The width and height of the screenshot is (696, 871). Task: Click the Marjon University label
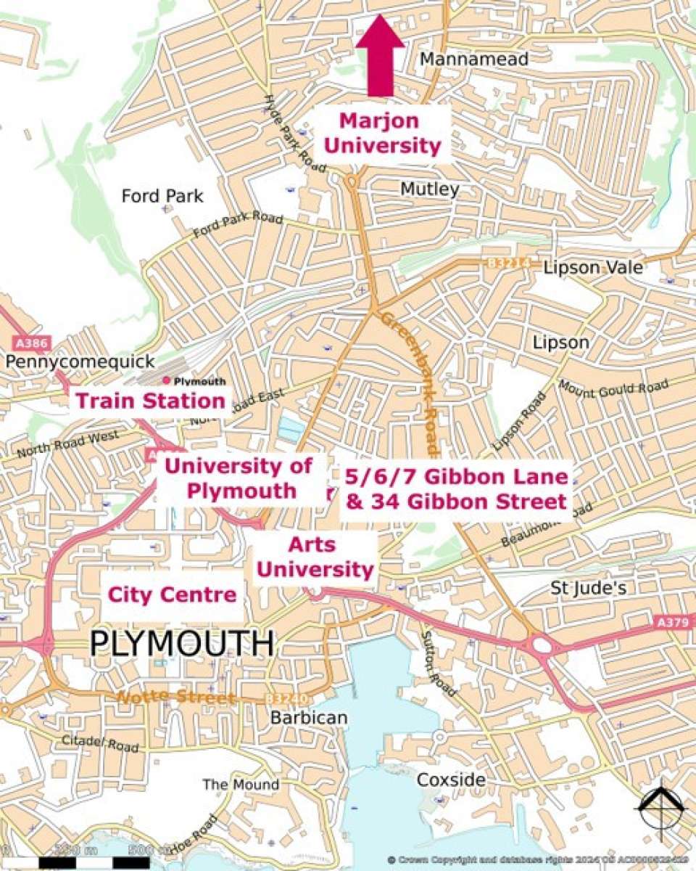[x=382, y=133]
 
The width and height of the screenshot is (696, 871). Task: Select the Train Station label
[x=150, y=401]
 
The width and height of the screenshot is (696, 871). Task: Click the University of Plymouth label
[x=240, y=478]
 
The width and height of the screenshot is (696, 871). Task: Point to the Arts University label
[x=315, y=557]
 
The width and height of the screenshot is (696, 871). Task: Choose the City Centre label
[x=172, y=595]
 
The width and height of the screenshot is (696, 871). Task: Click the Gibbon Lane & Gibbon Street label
[x=455, y=489]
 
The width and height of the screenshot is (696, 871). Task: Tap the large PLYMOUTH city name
[x=182, y=643]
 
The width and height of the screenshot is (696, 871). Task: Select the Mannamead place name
[x=474, y=59]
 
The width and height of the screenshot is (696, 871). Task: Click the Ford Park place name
[x=162, y=196]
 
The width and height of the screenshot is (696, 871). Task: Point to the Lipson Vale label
[x=592, y=268]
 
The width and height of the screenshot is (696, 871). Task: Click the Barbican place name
[x=309, y=717]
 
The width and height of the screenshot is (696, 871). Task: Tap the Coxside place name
[x=451, y=780]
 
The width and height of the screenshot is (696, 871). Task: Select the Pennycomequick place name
[x=80, y=361]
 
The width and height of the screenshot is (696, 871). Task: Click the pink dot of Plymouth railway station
[x=167, y=380]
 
